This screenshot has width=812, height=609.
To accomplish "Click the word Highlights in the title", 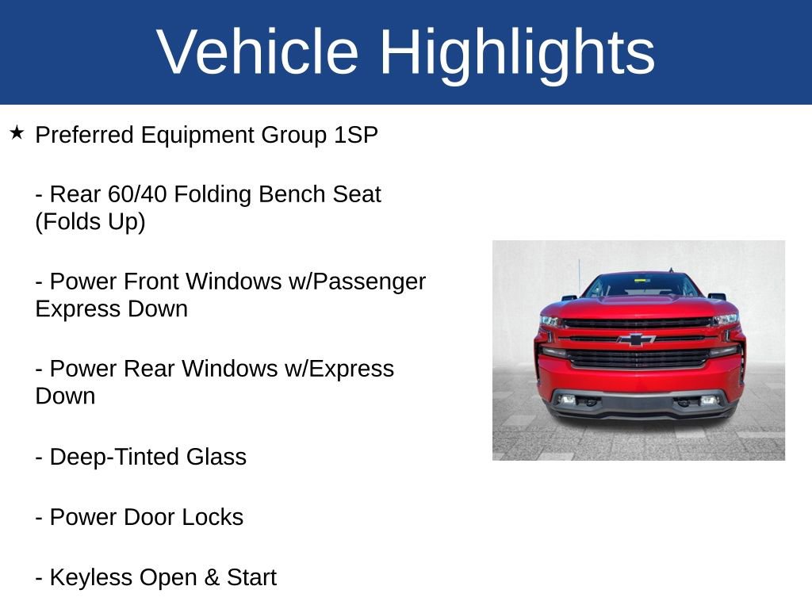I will pyautogui.click(x=517, y=52).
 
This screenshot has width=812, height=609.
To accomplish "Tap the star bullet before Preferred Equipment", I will pyautogui.click(x=17, y=132).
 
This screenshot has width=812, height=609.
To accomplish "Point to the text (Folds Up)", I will pyautogui.click(x=90, y=222).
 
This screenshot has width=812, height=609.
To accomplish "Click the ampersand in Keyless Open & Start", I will pyautogui.click(x=212, y=577).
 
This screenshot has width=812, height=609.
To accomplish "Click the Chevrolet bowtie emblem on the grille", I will pyautogui.click(x=637, y=339).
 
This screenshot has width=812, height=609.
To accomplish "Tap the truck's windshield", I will pyautogui.click(x=640, y=285).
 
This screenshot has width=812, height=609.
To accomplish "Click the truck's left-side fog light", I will pyautogui.click(x=569, y=400).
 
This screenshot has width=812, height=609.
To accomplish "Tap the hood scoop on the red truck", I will pyautogui.click(x=638, y=301).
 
